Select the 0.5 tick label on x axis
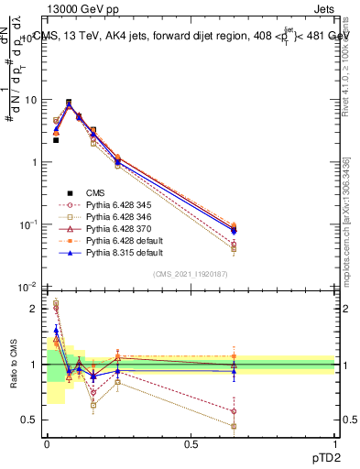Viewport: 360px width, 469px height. pos(191,443)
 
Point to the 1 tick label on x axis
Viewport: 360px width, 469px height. pos(334,443)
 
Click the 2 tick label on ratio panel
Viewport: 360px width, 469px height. pos(38,309)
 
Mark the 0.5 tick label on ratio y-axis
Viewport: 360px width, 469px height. pos(33,420)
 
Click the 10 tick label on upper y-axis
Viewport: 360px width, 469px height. pos(31,100)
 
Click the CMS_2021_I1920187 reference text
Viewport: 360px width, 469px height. pos(190,274)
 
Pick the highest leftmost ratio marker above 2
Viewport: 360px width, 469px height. pos(56,302)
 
